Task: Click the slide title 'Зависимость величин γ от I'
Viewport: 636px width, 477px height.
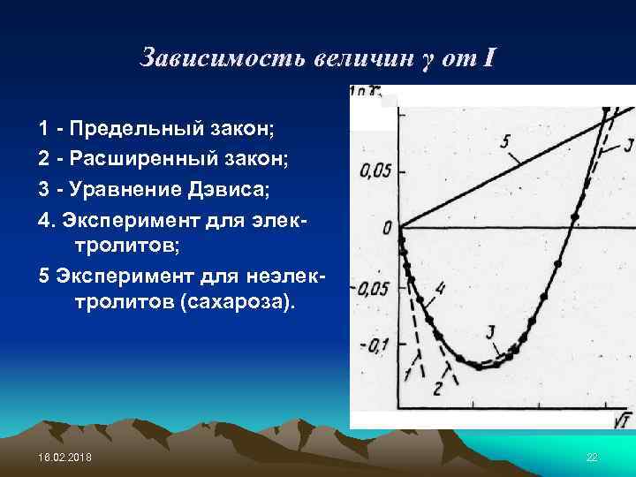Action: click(x=319, y=59)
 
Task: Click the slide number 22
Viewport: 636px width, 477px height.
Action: click(x=592, y=456)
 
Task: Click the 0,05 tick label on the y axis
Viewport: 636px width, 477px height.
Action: click(x=375, y=170)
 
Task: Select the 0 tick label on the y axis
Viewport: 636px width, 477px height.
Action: click(x=387, y=229)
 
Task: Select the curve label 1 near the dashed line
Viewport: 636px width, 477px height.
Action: click(x=408, y=375)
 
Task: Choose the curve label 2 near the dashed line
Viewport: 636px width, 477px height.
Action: click(x=436, y=389)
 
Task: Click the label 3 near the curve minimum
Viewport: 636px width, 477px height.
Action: click(x=488, y=332)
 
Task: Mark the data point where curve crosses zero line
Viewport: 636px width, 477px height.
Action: click(x=563, y=228)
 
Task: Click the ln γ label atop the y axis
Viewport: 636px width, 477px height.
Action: click(x=365, y=91)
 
